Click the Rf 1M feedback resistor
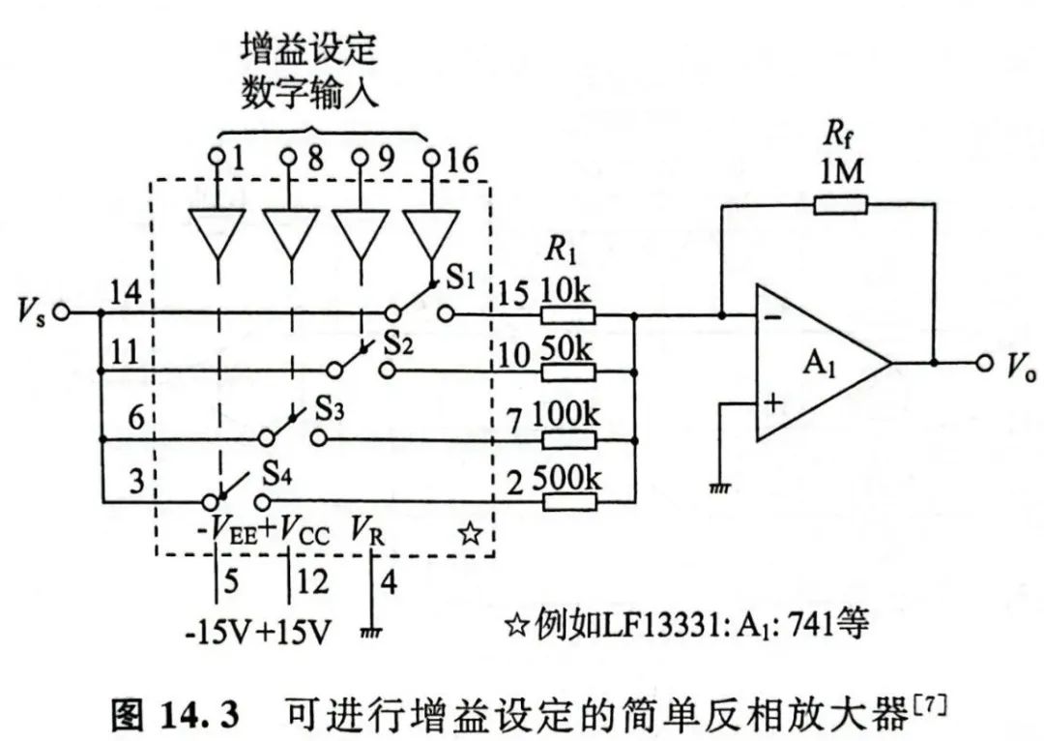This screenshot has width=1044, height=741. click(839, 204)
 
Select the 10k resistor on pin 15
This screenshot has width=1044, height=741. click(568, 314)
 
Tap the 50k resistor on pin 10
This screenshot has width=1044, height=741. click(568, 372)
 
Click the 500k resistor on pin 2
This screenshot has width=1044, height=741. click(568, 501)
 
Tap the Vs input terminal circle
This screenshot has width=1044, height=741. click(61, 312)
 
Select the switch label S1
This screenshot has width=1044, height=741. click(460, 281)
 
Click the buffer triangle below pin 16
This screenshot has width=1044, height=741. click(431, 233)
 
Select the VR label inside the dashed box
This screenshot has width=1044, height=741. click(370, 531)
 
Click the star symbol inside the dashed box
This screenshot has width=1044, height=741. click(470, 533)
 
